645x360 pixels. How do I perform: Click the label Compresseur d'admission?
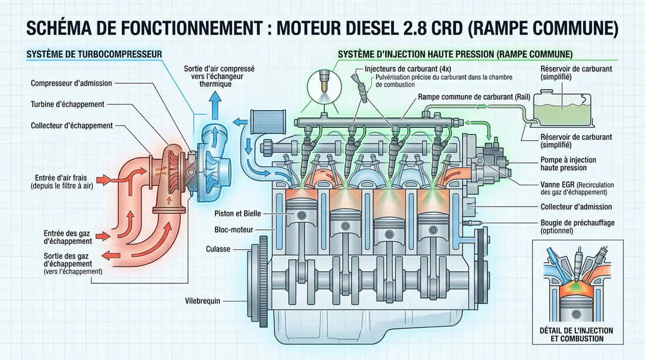click(x=71, y=83)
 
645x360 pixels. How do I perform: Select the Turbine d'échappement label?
click(x=67, y=104)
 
